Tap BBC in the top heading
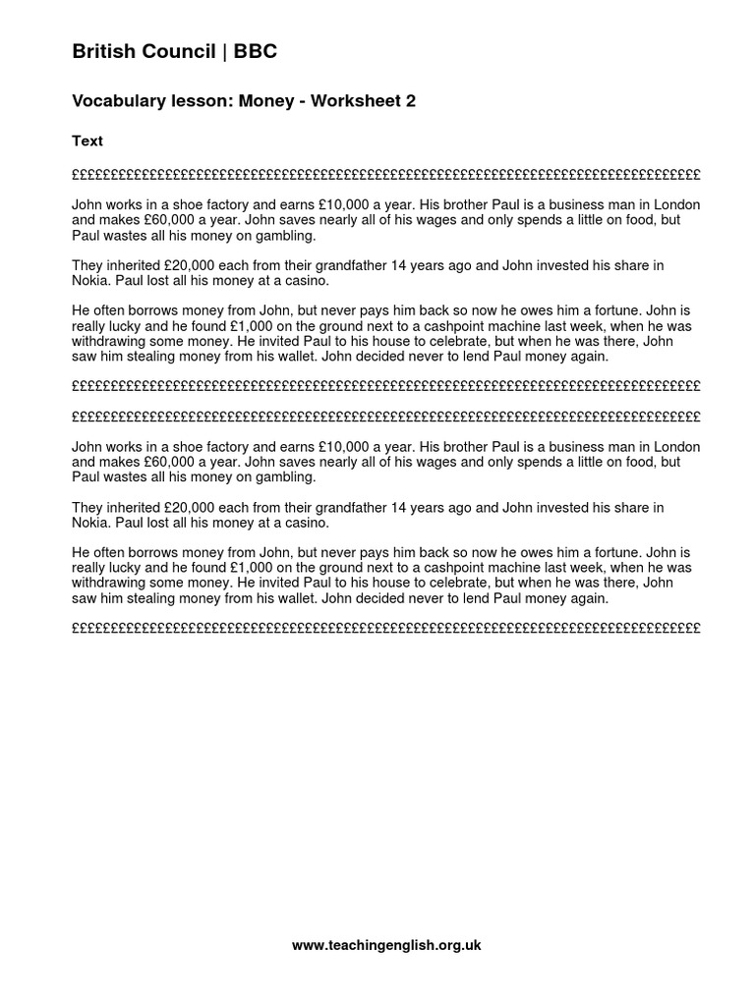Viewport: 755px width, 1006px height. (x=256, y=52)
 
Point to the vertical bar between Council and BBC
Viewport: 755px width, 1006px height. (x=225, y=52)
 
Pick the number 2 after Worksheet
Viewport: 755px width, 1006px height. (x=411, y=101)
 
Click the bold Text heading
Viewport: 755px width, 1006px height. (x=87, y=140)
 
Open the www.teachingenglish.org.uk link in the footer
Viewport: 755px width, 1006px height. (x=386, y=945)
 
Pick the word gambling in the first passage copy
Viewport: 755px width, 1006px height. (x=280, y=235)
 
